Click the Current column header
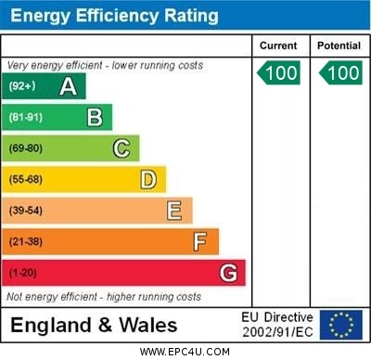(x=278, y=45)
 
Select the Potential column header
(x=339, y=45)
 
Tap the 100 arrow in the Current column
(x=280, y=71)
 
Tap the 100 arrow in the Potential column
(x=340, y=71)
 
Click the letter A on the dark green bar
(x=68, y=86)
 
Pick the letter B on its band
(x=95, y=117)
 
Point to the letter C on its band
(x=122, y=148)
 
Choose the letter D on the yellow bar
(x=148, y=179)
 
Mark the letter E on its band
(x=174, y=210)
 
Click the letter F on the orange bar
(x=200, y=241)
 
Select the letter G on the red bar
(x=228, y=273)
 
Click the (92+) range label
(x=22, y=86)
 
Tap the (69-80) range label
(x=26, y=148)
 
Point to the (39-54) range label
(x=26, y=211)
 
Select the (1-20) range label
(x=23, y=274)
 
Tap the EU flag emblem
(x=341, y=325)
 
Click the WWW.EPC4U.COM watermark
(x=185, y=352)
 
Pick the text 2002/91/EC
(x=277, y=332)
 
